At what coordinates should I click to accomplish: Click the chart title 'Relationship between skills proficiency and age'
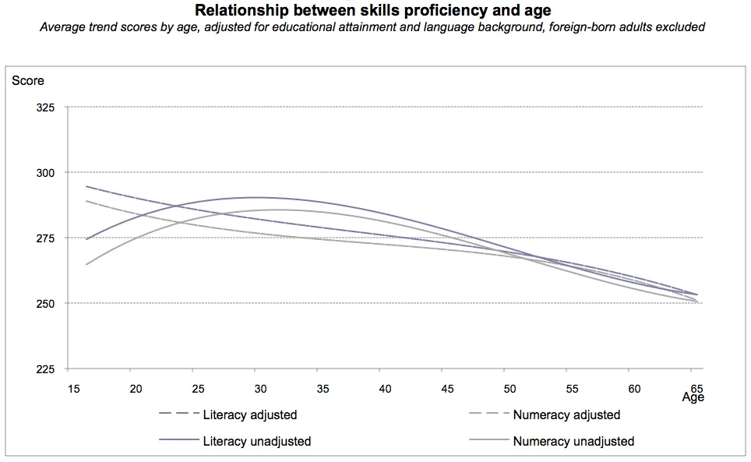tap(373, 11)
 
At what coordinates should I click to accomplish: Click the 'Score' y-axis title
tap(28, 81)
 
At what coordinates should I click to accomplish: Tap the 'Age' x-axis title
tap(693, 397)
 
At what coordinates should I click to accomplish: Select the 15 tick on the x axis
tap(73, 387)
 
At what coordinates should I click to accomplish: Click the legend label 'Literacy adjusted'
tap(249, 415)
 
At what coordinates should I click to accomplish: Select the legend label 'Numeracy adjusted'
tap(566, 415)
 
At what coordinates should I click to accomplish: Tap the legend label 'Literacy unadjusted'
tap(256, 442)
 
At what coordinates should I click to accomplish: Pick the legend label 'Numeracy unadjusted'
tap(573, 442)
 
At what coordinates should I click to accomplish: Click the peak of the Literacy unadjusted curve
tap(257, 197)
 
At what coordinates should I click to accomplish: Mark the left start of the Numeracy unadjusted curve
tap(86, 264)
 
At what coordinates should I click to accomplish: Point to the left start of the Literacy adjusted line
tap(86, 186)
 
